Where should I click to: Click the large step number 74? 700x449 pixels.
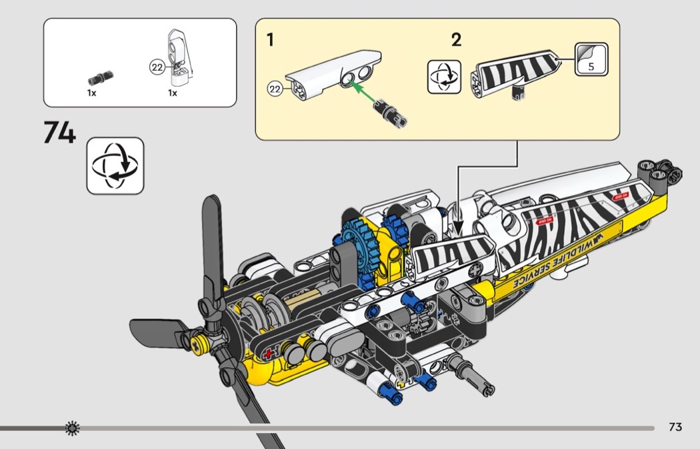click(x=59, y=133)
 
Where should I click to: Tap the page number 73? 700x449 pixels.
click(x=675, y=427)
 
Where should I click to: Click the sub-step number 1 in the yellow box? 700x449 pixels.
click(x=270, y=40)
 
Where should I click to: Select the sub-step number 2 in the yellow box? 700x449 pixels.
click(x=456, y=40)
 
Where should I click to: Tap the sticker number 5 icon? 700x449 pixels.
click(x=591, y=59)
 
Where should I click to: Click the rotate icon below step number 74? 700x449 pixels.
click(x=115, y=165)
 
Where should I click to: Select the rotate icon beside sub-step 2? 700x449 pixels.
click(x=443, y=76)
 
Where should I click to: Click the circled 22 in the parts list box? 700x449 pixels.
click(x=157, y=67)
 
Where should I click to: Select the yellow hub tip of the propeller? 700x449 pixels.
click(x=197, y=344)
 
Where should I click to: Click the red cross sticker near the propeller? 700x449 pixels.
click(x=269, y=354)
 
